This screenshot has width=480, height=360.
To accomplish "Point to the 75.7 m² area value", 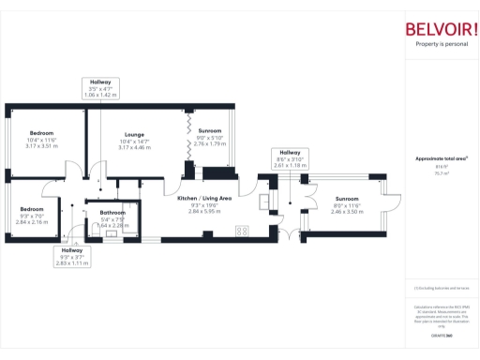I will click(442, 173).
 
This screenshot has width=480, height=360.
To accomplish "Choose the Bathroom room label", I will click(113, 213).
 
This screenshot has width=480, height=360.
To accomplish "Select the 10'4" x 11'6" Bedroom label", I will click(42, 134).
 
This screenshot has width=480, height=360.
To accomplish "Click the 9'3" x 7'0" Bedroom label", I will click(33, 208).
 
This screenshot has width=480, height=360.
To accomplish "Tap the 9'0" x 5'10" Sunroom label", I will click(209, 130).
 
